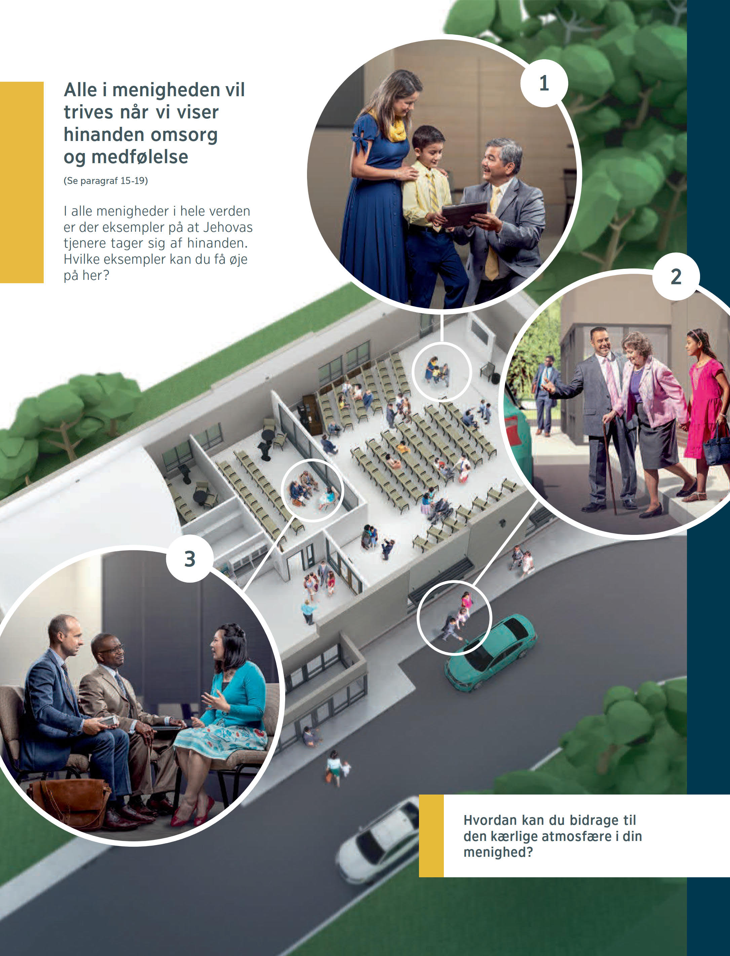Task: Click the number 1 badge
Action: (544, 83)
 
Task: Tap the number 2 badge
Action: (676, 277)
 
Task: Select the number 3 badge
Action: (189, 559)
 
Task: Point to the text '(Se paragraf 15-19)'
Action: (106, 181)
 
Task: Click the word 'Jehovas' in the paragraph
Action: (228, 227)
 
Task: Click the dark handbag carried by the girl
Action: (717, 448)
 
